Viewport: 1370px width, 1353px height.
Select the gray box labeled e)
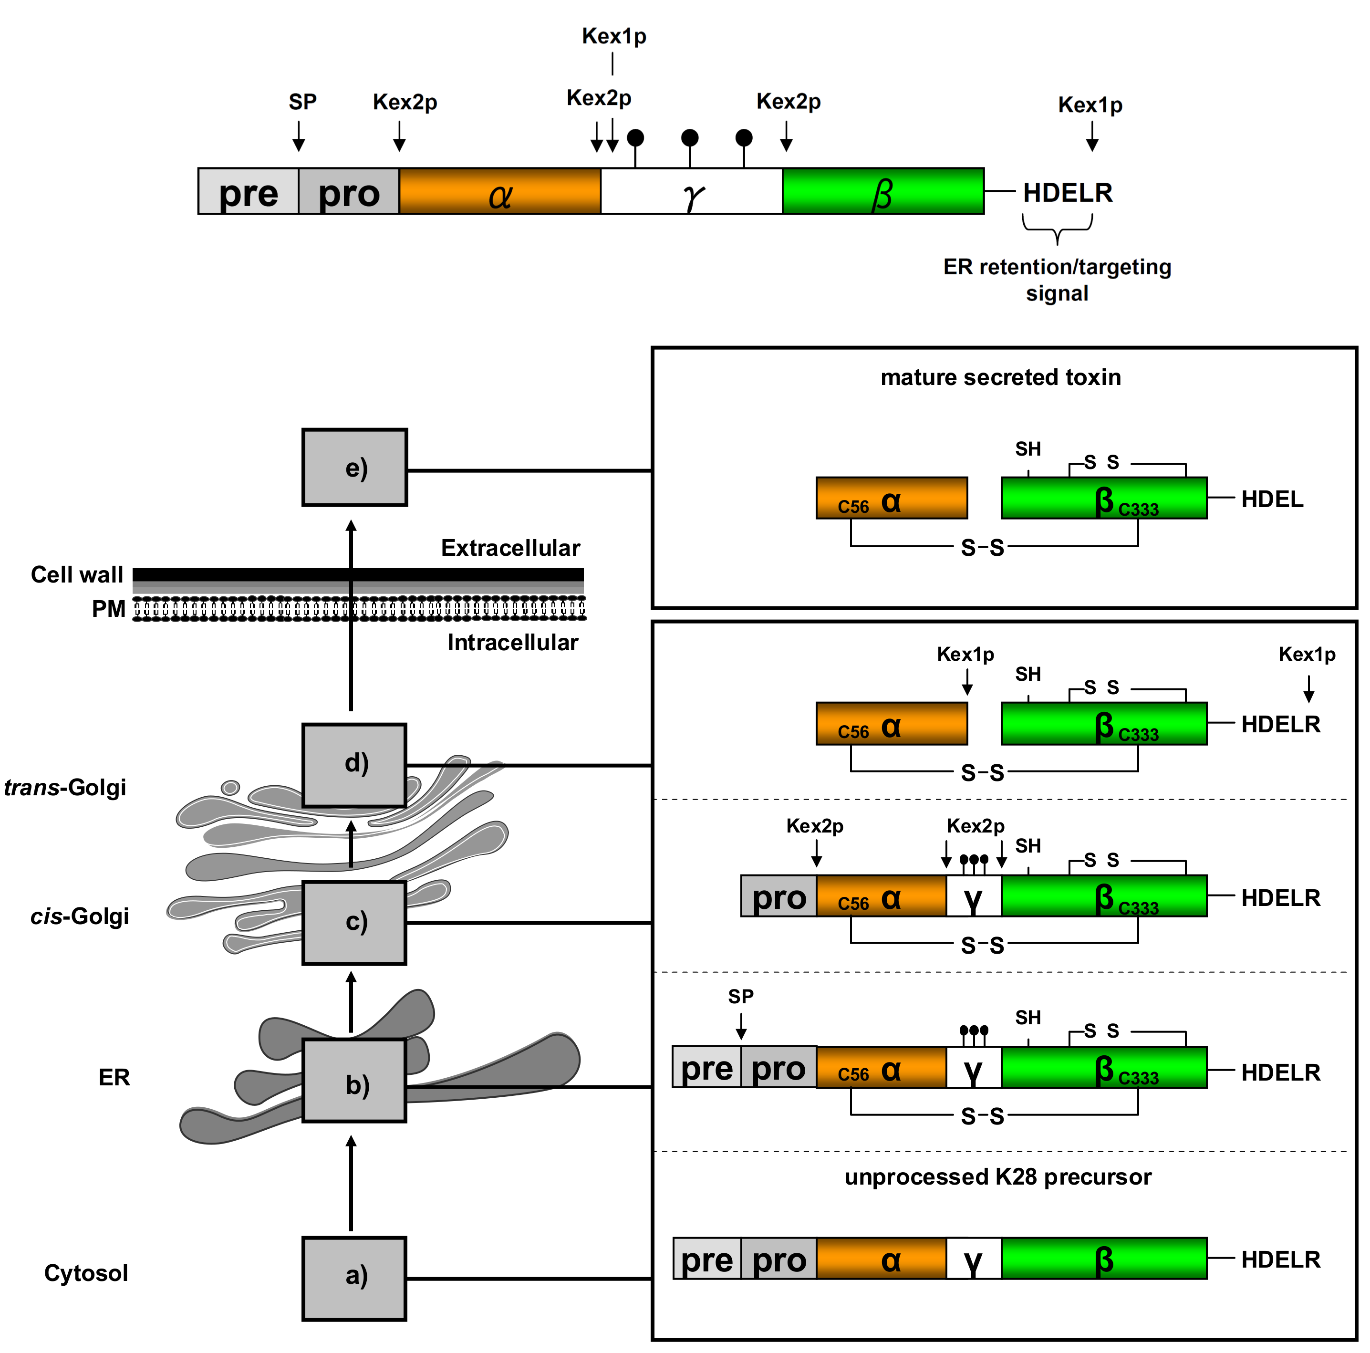(354, 468)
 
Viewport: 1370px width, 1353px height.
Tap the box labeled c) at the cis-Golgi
(354, 922)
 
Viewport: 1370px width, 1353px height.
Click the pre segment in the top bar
(248, 191)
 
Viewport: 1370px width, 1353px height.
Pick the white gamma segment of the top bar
(691, 191)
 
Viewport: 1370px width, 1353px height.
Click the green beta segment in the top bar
(883, 191)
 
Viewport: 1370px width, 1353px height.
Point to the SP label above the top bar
(302, 102)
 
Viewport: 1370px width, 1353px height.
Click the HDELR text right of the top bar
(1067, 192)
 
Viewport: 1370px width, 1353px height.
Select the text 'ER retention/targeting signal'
(1057, 280)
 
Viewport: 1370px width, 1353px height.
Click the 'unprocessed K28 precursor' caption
(998, 1177)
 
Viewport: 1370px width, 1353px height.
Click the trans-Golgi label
(65, 787)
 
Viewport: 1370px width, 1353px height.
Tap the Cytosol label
(86, 1273)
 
